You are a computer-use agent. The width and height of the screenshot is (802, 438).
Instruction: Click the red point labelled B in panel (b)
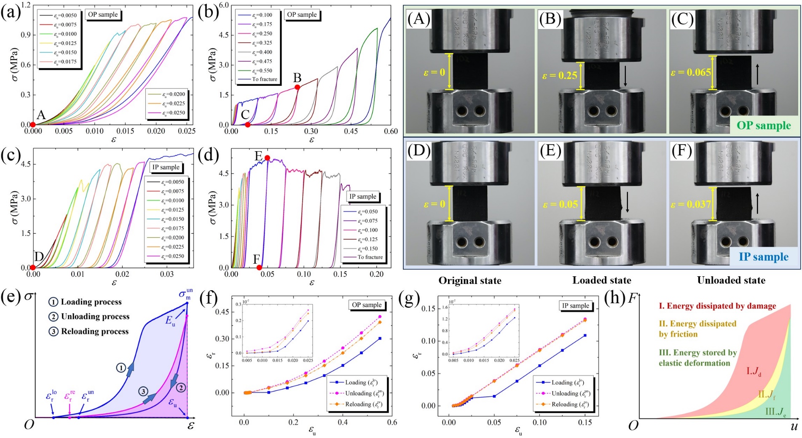[x=297, y=87]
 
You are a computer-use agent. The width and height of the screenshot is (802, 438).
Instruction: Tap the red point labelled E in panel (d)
[x=267, y=158]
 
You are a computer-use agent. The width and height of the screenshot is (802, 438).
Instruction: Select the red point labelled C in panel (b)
[x=248, y=125]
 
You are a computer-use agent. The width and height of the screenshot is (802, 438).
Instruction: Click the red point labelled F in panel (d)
[x=259, y=268]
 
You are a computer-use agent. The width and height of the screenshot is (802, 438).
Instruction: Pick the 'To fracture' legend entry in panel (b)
[x=264, y=79]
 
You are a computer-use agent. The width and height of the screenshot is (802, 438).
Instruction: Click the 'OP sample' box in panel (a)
[x=103, y=15]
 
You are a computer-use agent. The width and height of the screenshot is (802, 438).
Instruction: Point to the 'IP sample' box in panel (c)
[x=166, y=167]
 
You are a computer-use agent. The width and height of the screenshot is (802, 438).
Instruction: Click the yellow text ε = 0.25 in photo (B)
[x=559, y=76]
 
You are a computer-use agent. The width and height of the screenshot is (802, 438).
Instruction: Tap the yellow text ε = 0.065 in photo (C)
[x=691, y=72]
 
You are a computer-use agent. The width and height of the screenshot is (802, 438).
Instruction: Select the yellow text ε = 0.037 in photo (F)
[x=691, y=205]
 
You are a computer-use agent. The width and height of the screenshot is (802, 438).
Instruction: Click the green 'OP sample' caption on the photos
[x=764, y=126]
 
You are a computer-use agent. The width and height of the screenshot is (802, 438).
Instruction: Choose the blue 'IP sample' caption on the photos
[x=763, y=257]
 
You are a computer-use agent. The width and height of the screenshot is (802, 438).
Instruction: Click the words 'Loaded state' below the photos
[x=601, y=280]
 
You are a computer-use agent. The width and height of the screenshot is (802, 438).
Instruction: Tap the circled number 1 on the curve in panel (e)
[x=121, y=368]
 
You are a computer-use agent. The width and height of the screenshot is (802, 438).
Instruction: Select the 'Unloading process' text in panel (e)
[x=95, y=317]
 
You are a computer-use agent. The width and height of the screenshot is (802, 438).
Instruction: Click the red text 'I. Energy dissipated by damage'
[x=717, y=306]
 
